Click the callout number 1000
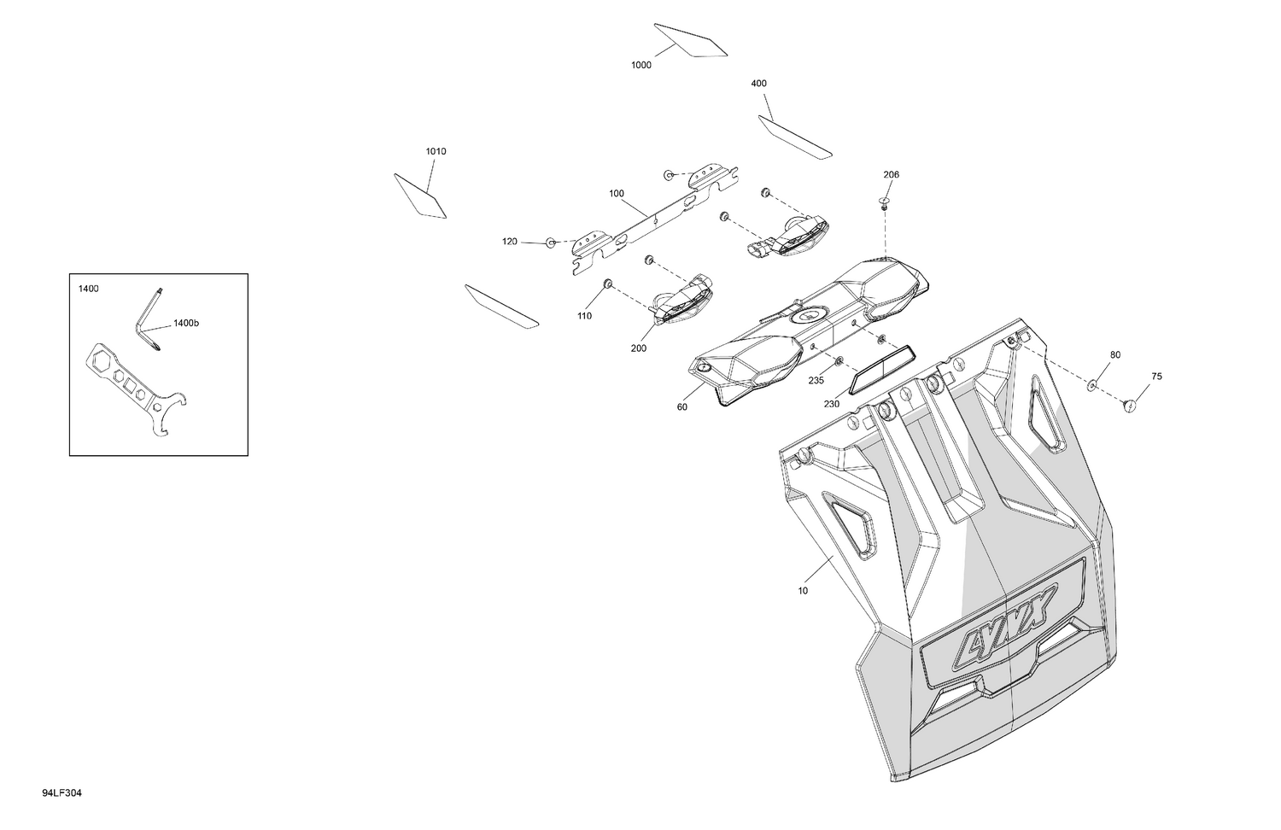point(641,65)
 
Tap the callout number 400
point(758,84)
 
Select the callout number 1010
point(436,151)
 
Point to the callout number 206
point(891,174)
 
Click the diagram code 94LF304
point(61,792)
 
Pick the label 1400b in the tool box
point(186,323)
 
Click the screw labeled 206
point(885,202)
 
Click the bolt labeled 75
point(1130,406)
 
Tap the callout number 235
point(816,380)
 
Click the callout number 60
point(681,407)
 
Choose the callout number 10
point(803,591)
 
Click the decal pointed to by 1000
point(691,41)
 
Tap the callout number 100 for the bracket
point(617,193)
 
